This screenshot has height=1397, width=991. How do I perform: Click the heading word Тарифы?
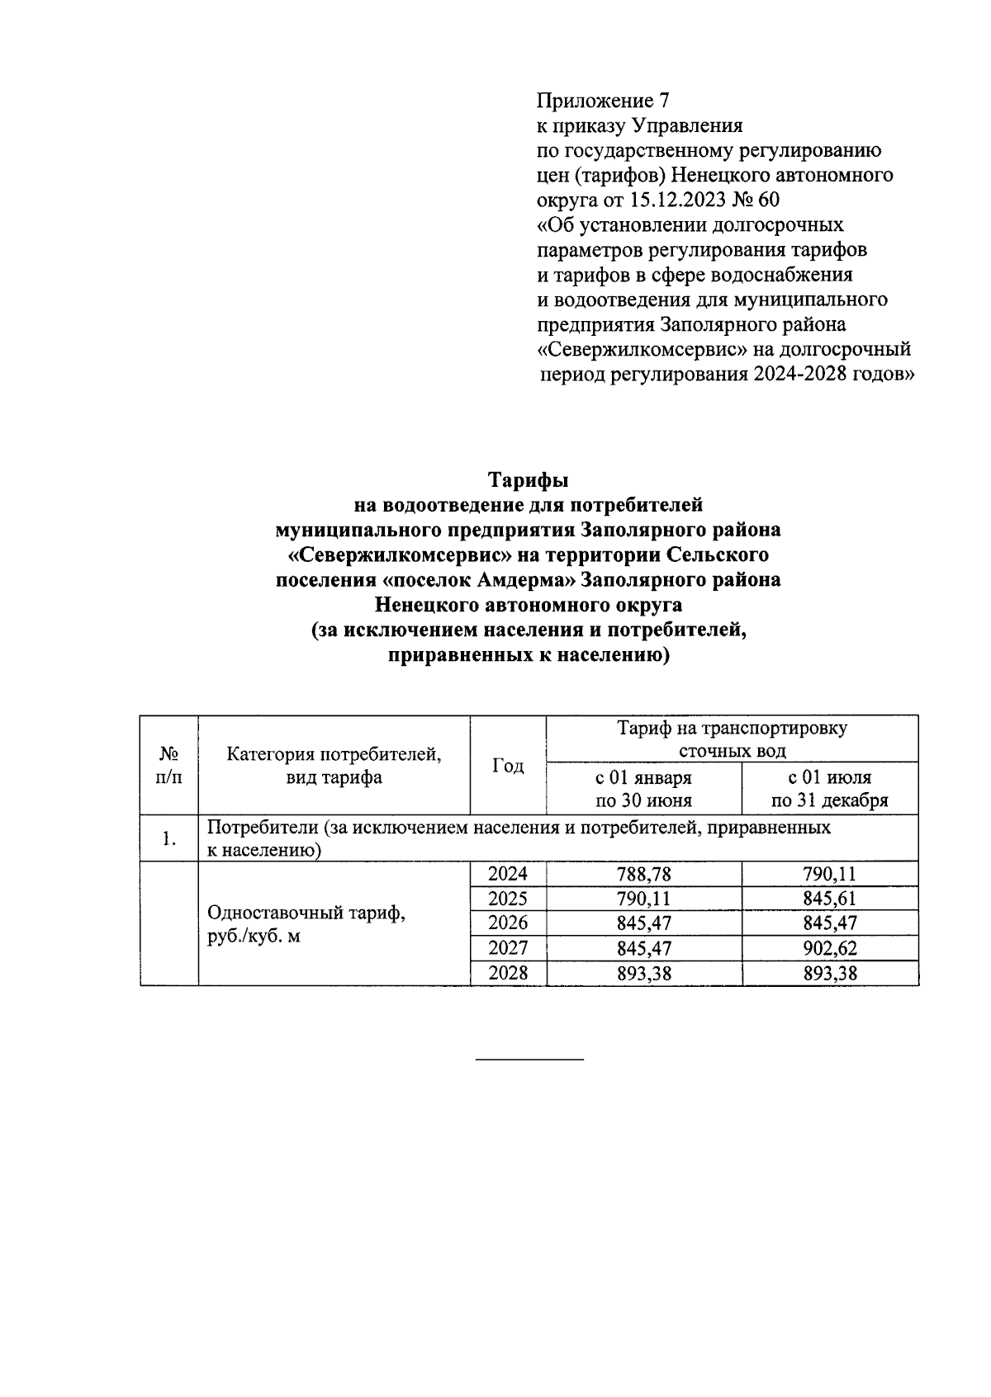(528, 479)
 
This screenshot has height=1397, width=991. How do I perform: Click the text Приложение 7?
(602, 101)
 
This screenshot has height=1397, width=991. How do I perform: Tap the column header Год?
(508, 766)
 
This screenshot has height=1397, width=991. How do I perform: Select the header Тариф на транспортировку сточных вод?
(732, 739)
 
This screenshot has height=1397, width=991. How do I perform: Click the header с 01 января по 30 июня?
(643, 789)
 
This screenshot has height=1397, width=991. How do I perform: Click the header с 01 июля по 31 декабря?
(829, 789)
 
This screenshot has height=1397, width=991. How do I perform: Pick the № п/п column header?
(169, 766)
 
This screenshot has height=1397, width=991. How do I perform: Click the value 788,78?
(643, 875)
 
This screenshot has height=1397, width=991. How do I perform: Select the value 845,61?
(829, 899)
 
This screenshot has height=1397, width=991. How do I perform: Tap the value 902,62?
(829, 948)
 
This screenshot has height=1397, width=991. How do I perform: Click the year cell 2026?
(508, 923)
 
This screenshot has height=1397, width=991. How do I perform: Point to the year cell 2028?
(508, 973)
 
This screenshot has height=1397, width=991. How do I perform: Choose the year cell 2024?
(508, 875)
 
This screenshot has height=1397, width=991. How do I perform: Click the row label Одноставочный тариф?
(306, 914)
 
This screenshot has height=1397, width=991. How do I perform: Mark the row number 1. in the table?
(169, 839)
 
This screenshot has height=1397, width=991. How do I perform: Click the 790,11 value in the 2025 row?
(643, 899)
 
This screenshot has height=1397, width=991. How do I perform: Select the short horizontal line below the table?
(529, 1059)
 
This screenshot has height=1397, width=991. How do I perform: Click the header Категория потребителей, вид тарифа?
(334, 766)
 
